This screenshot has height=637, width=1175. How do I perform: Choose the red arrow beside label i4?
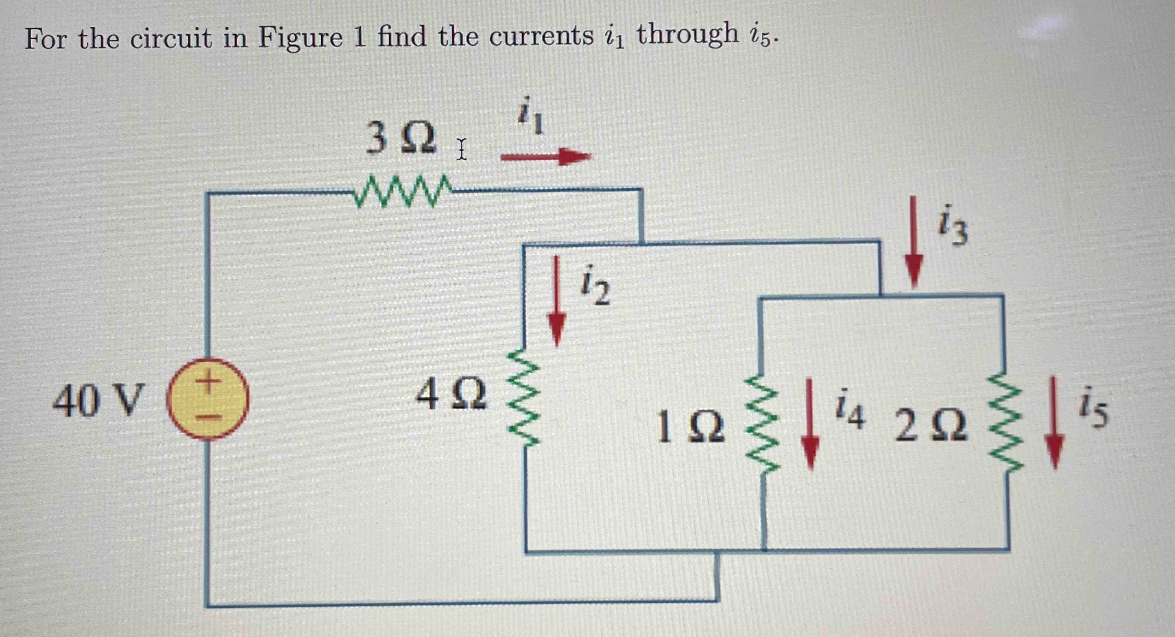tap(810, 424)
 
